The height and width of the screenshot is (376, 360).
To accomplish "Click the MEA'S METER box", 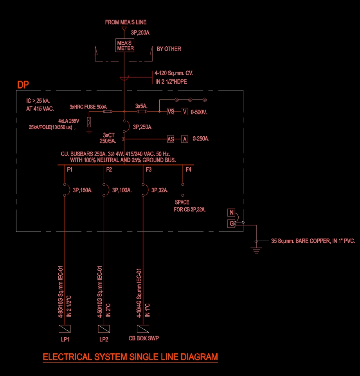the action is tap(125, 45).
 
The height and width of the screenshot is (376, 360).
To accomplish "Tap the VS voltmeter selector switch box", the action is tap(171, 112).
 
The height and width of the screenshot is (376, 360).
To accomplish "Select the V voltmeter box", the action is tap(184, 112).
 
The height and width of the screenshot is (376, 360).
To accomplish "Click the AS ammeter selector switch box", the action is tap(171, 139).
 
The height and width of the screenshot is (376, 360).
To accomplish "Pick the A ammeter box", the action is tap(184, 139).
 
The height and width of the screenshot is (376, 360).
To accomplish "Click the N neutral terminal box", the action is tap(231, 212).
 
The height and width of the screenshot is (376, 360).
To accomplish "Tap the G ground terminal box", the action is tap(231, 224).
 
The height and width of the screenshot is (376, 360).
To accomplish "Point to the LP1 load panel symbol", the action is tap(65, 329).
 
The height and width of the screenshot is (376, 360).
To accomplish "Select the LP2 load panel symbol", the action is tap(104, 329).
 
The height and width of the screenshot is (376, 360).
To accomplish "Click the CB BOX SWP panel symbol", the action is tap(143, 329).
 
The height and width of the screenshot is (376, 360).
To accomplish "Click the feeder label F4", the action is tap(189, 170).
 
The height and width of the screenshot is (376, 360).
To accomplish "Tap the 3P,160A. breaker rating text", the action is tap(83, 190).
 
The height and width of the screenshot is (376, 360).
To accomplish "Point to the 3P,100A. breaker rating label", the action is tap(122, 190).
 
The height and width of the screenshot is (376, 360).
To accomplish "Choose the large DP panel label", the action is tap(23, 85).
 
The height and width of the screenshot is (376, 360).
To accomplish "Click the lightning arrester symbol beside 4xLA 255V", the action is tap(89, 122).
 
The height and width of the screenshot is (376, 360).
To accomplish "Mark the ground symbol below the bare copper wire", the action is tap(256, 250).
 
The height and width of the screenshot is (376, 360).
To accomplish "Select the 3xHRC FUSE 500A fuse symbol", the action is tap(108, 112).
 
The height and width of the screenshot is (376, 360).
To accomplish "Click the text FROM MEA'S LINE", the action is tap(126, 22).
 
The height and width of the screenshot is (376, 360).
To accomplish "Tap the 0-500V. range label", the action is tap(199, 112).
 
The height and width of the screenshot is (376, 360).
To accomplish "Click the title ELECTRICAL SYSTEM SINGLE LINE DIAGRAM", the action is tap(130, 357).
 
